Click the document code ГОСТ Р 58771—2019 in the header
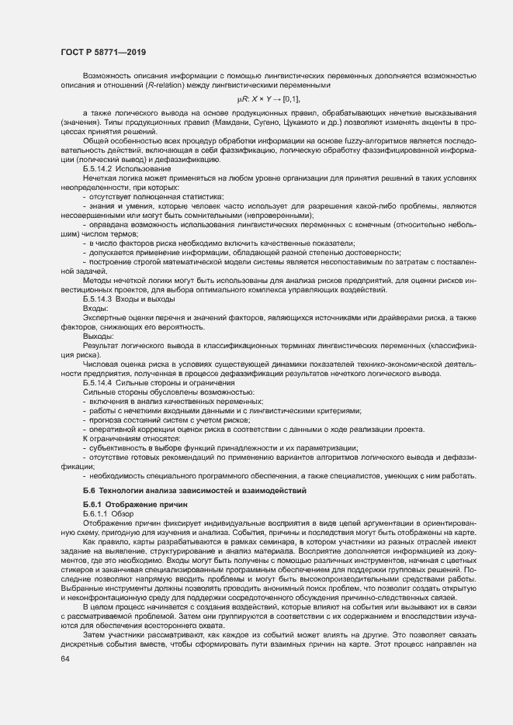tap(103, 52)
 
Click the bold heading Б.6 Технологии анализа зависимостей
tap(195, 491)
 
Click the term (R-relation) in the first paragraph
tap(154, 85)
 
